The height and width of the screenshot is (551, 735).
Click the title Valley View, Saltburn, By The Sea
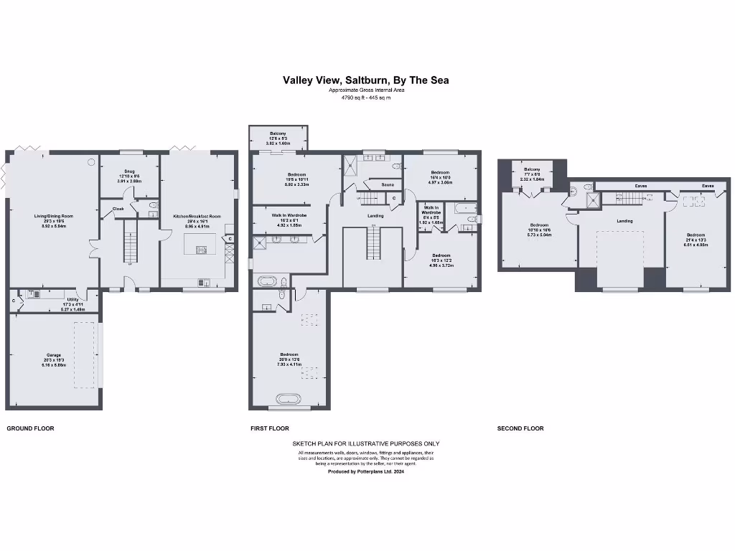tap(365, 80)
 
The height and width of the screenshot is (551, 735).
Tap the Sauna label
tap(388, 185)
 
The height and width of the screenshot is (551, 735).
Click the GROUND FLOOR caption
tap(30, 428)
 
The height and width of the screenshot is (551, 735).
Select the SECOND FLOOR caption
tap(520, 428)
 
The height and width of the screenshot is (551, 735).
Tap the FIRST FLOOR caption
tap(270, 428)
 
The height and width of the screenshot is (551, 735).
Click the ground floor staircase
tap(131, 241)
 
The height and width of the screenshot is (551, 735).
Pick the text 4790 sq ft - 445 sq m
tap(365, 98)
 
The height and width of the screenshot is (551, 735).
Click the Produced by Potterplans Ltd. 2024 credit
tap(365, 472)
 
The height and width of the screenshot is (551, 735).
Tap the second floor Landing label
tap(624, 221)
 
